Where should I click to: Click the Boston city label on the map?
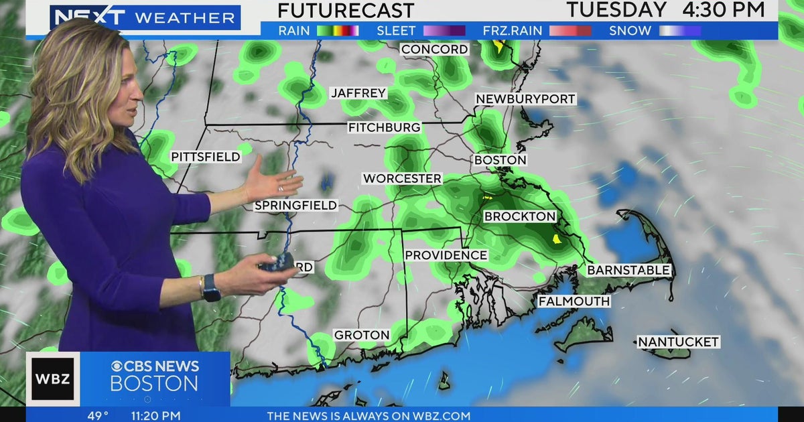(x=500, y=160)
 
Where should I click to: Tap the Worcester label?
(x=402, y=179)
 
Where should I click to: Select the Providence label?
(x=446, y=255)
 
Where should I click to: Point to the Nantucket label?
(x=678, y=342)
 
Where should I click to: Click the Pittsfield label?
(x=206, y=157)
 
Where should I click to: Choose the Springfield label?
(x=296, y=206)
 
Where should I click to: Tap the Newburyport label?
(x=525, y=99)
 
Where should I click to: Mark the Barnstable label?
(x=628, y=270)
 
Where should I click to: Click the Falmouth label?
(x=574, y=301)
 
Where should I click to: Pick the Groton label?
(x=362, y=335)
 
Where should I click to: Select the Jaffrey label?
(x=359, y=93)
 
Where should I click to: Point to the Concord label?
(x=435, y=50)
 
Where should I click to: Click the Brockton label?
(x=520, y=216)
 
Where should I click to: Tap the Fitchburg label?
(x=385, y=127)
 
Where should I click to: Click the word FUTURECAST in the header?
(x=346, y=11)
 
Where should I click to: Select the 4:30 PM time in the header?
(x=724, y=10)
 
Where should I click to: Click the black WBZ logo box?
(x=53, y=379)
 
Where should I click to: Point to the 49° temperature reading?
(x=98, y=415)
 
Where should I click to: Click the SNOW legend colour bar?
(x=679, y=31)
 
